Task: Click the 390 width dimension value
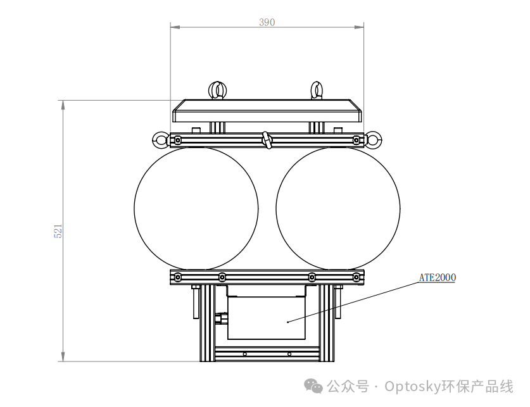coord(267,22)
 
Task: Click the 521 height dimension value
coord(58,231)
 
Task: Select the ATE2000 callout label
coord(438,278)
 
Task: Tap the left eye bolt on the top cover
coord(217,90)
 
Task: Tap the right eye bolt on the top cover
coord(316,90)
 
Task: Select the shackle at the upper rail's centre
coord(267,140)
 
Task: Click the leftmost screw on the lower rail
coord(178,277)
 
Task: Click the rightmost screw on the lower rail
coord(356,277)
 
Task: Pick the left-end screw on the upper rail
coord(178,140)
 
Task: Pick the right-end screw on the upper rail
coord(356,140)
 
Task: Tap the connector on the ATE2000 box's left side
coord(222,318)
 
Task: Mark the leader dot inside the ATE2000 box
coord(287,322)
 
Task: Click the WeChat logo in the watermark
coord(313,386)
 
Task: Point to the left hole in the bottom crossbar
coord(244,354)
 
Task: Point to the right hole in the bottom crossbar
coord(289,354)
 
